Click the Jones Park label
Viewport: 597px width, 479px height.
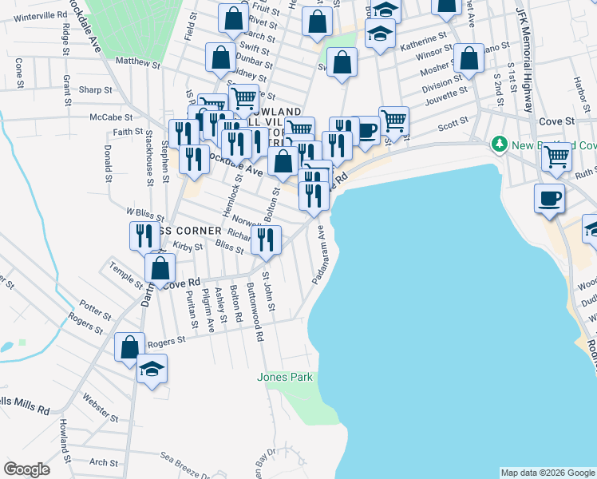(285, 377)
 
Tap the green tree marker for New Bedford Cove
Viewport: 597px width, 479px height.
(500, 144)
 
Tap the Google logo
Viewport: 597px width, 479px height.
(27, 469)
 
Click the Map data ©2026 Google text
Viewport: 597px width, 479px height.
(548, 473)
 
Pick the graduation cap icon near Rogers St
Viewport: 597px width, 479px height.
(151, 369)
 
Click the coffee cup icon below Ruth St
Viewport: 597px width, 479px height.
(551, 198)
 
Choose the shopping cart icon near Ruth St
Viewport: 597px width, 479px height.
(556, 156)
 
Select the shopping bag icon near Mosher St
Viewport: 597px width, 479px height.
(469, 57)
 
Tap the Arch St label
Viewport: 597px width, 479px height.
(104, 461)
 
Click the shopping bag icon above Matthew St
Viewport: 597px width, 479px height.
(219, 57)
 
